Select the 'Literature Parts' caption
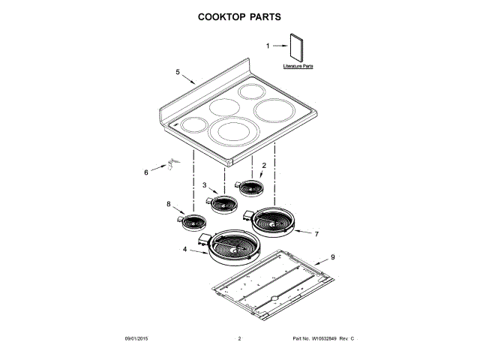click(298, 67)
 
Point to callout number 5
click(178, 72)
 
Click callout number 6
click(146, 172)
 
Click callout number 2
click(263, 164)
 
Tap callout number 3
click(204, 184)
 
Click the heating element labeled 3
click(223, 202)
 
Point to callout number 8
click(169, 204)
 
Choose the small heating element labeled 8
click(193, 222)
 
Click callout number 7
click(316, 234)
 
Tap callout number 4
click(184, 248)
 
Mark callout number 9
click(333, 257)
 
